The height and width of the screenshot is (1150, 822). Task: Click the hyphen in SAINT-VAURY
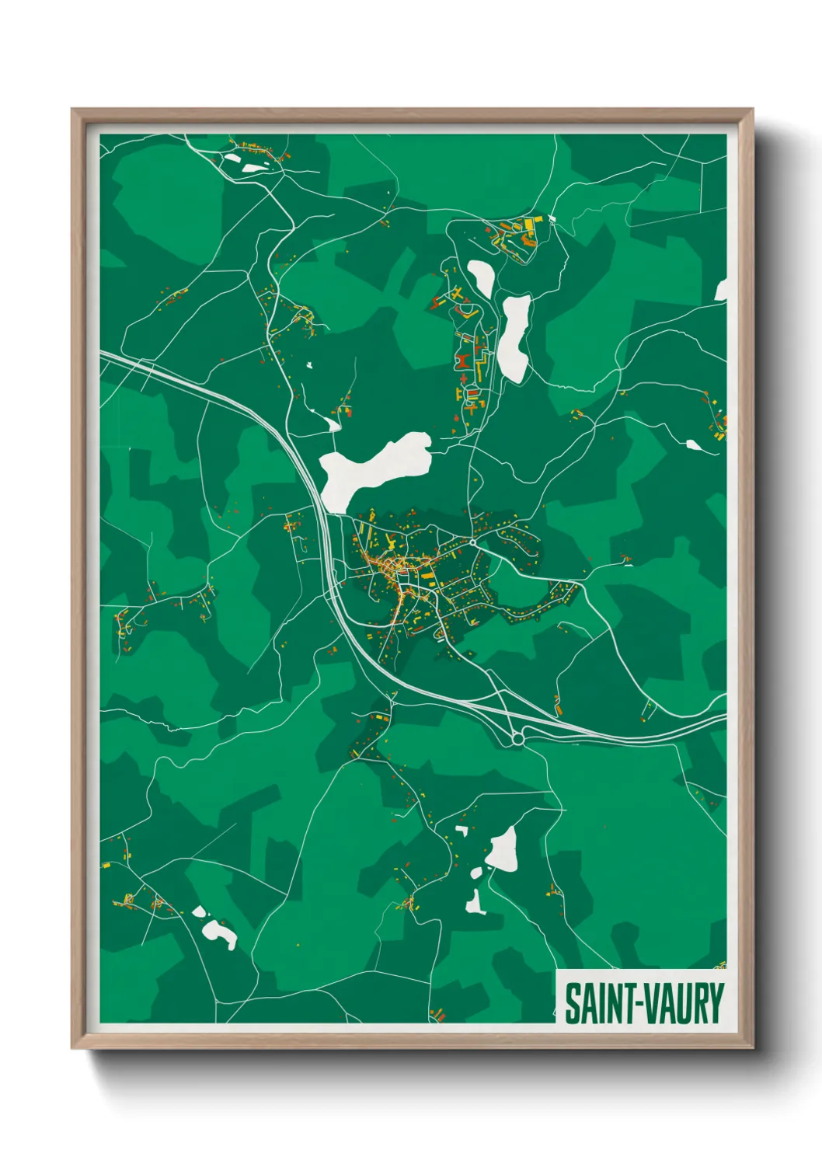pos(636,1005)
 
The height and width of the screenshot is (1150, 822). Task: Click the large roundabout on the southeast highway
pos(517,739)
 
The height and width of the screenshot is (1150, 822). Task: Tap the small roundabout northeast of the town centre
pos(472,542)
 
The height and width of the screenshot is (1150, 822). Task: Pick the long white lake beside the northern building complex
pos(514,338)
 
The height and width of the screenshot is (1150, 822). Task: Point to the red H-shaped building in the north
pos(464,361)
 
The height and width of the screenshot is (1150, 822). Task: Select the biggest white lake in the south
pos(503,849)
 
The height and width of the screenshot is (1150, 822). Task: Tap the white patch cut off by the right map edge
pos(722,291)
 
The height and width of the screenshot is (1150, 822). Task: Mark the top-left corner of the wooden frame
pos(72,110)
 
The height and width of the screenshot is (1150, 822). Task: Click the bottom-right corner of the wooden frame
pos(752,1047)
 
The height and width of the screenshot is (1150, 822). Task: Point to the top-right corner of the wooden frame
pos(752,110)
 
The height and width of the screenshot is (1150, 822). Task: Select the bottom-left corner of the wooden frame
pos(72,1047)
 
